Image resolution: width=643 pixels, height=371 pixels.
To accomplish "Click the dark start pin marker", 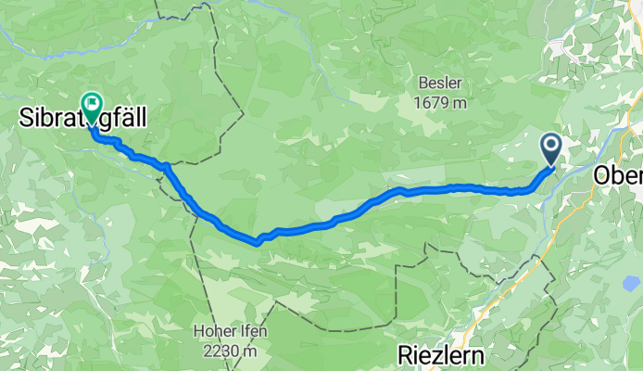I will (x=550, y=148).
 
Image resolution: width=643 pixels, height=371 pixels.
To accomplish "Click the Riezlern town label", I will (x=442, y=353).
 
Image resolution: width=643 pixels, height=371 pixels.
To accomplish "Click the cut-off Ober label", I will (x=617, y=174).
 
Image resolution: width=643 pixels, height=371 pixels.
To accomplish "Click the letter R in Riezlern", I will (x=405, y=353).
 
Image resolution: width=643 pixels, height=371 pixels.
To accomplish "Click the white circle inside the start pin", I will (x=550, y=145).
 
